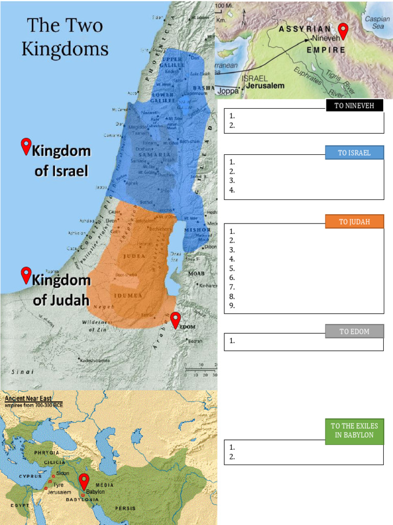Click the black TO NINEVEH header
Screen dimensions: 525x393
pyautogui.click(x=354, y=106)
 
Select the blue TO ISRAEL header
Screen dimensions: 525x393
pyautogui.click(x=354, y=153)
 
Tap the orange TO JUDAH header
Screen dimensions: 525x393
pyautogui.click(x=354, y=221)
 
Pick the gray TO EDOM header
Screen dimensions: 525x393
pyautogui.click(x=354, y=332)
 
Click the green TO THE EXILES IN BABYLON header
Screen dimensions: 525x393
pyautogui.click(x=354, y=431)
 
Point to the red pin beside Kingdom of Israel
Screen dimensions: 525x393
pyautogui.click(x=26, y=147)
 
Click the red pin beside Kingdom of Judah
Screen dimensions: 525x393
pyautogui.click(x=26, y=275)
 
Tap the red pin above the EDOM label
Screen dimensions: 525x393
pyautogui.click(x=176, y=320)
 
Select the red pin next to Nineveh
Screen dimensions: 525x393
pyautogui.click(x=344, y=31)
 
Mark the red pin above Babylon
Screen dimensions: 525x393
pyautogui.click(x=84, y=482)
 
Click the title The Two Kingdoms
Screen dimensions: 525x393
pyautogui.click(x=64, y=37)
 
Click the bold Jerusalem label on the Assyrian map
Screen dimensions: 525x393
pyautogui.click(x=265, y=86)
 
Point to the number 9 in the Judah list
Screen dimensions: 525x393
pyautogui.click(x=232, y=306)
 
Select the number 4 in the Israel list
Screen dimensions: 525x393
pyautogui.click(x=232, y=190)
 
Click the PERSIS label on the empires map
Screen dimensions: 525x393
pyautogui.click(x=125, y=508)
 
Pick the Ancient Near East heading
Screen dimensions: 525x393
pyautogui.click(x=33, y=398)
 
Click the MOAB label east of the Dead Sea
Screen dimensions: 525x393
pyautogui.click(x=196, y=273)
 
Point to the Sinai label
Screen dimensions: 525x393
pyautogui.click(x=20, y=372)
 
